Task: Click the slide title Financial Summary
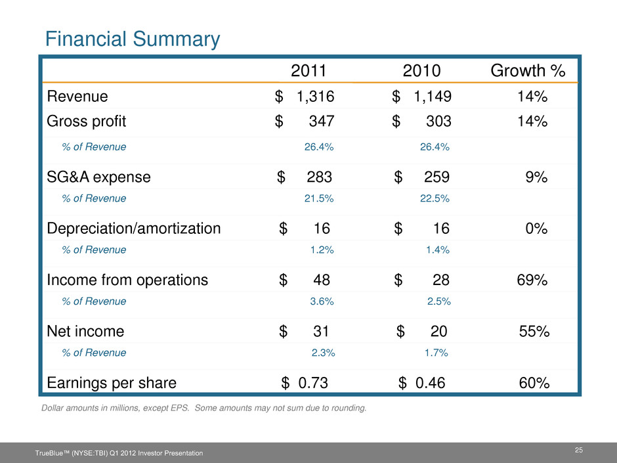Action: [132, 39]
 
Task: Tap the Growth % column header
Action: [528, 71]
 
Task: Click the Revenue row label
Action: [77, 97]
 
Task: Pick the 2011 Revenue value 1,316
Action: [315, 97]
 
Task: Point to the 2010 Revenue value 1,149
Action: [432, 97]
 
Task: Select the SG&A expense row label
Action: [98, 177]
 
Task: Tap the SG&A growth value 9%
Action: [537, 177]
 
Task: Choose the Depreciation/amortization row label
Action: [134, 229]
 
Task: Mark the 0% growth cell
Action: [537, 229]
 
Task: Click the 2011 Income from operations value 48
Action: [322, 280]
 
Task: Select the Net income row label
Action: [85, 332]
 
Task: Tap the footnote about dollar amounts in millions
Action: [204, 408]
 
